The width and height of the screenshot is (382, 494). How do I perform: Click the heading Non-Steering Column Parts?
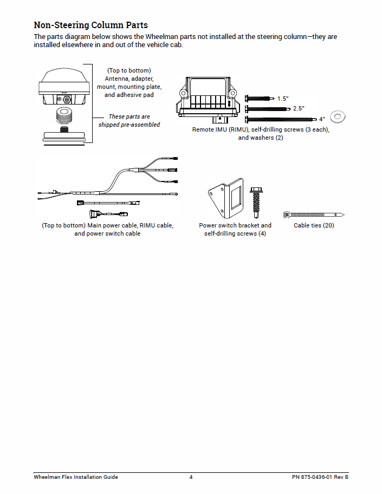coord(90,25)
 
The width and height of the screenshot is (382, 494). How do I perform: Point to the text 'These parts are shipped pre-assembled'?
coord(129,120)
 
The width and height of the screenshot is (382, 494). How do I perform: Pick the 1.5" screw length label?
coord(283,99)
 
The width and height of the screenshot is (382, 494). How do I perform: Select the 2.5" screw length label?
coord(299,109)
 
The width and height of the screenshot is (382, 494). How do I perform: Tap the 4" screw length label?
coord(322,119)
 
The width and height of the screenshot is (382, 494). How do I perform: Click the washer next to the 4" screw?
coord(339,116)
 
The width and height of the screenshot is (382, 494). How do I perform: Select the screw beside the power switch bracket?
coord(256,203)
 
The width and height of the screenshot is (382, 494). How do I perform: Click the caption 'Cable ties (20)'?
coord(314,225)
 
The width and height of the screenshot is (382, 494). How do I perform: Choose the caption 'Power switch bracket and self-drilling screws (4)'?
coord(235,229)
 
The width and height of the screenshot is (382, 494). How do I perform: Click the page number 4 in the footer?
coord(191,477)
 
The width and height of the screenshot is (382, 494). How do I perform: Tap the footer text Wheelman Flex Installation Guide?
coord(76,477)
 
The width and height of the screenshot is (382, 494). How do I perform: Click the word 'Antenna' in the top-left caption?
coord(119,79)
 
